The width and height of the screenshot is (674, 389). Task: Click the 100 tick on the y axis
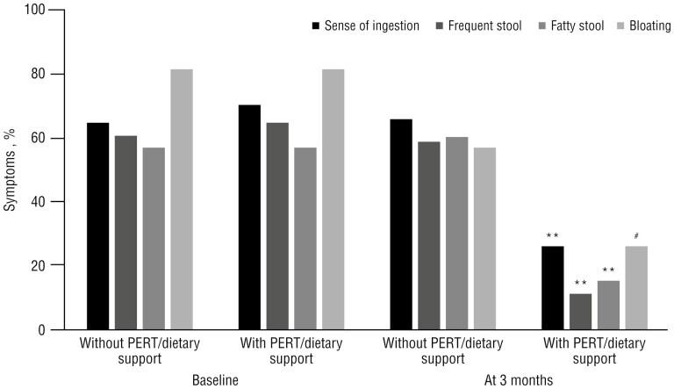coord(28,11)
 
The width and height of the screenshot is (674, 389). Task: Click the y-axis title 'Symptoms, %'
coord(11,169)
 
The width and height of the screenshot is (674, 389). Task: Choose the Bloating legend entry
coord(643,26)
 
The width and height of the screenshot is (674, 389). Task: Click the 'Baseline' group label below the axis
coord(216,379)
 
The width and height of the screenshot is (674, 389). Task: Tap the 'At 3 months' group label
coord(518,379)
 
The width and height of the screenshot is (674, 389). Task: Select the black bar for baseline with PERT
coord(249,217)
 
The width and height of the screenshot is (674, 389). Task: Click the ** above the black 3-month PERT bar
coord(552,235)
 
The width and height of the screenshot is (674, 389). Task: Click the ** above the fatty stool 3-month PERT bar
coord(608,270)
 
